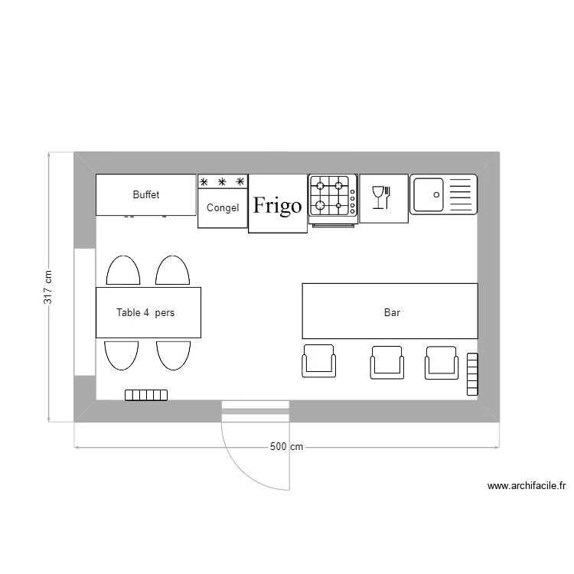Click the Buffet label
(145, 195)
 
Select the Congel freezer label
(223, 207)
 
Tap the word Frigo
(277, 206)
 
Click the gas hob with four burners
(333, 195)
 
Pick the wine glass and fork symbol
(381, 197)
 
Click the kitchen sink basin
(429, 194)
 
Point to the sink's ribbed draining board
(461, 194)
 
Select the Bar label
(392, 312)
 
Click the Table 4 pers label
(145, 312)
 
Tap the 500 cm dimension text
(286, 447)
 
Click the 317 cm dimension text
(47, 287)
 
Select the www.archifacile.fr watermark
(526, 485)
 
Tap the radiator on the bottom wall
(146, 395)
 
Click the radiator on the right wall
(472, 374)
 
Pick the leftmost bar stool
(319, 361)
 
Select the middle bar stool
(386, 362)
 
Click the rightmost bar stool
(442, 362)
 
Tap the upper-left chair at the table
(122, 271)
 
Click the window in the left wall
(84, 311)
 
